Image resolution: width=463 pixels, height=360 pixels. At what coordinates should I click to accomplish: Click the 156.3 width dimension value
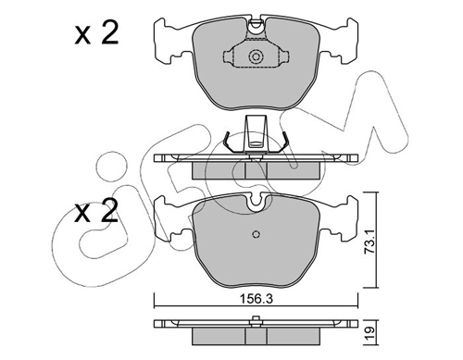pyautogui.click(x=256, y=299)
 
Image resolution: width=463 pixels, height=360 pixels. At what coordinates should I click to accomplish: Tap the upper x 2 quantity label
pyautogui.click(x=96, y=33)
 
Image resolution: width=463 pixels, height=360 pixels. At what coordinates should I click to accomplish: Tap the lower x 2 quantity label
pyautogui.click(x=96, y=212)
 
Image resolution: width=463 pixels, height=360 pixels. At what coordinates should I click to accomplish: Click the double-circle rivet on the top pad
pyautogui.click(x=256, y=56)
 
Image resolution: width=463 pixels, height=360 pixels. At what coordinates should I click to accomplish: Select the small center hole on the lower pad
pyautogui.click(x=256, y=234)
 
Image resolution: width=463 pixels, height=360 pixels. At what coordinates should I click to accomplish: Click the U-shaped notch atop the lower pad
pyautogui.click(x=256, y=201)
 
